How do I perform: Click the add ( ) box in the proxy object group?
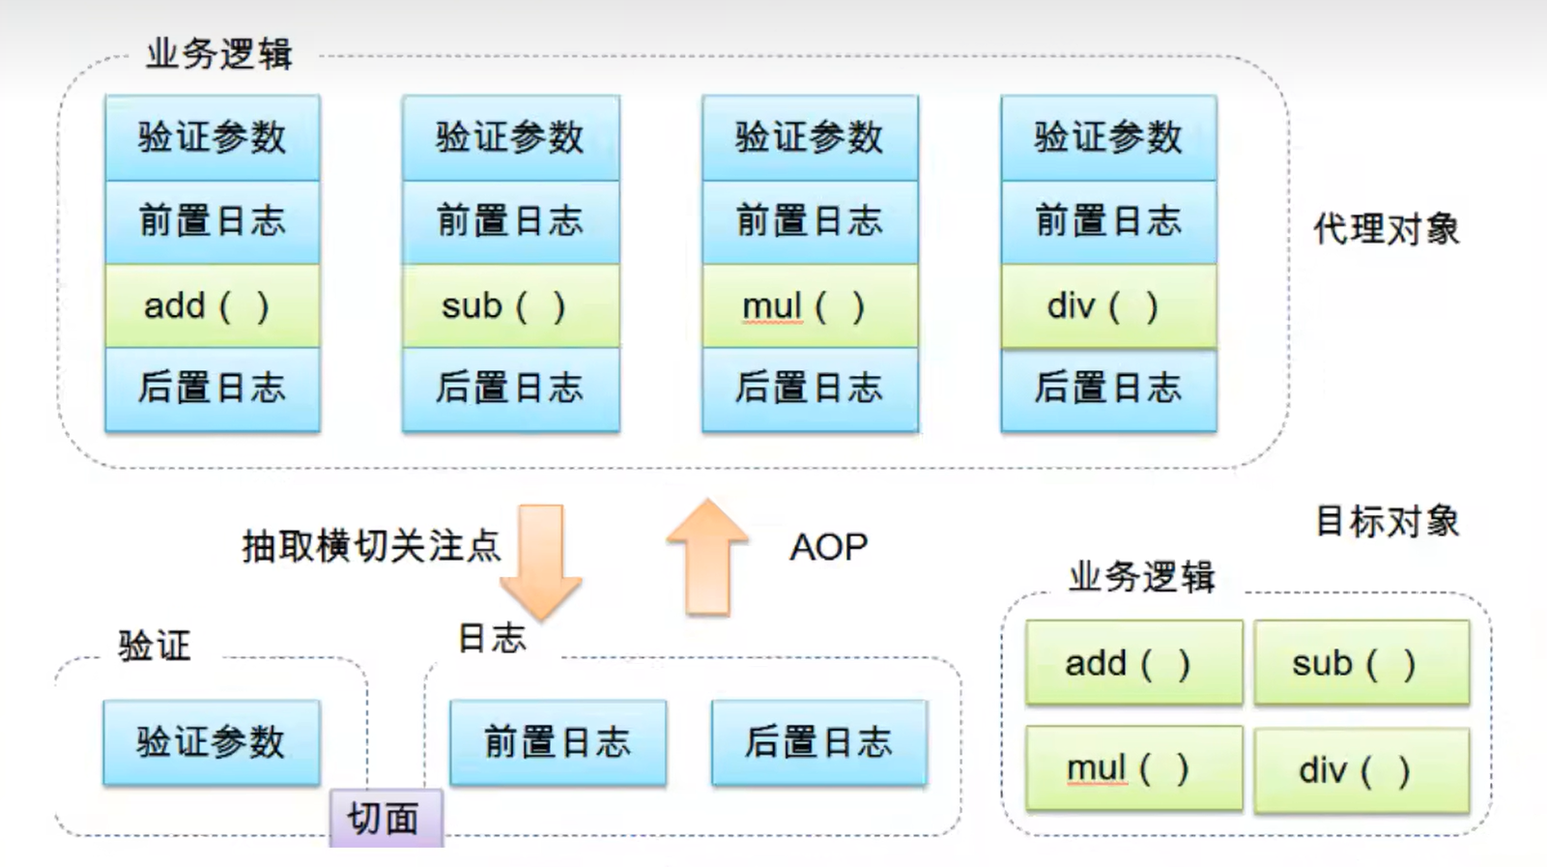pos(212,306)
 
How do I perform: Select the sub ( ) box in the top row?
pos(510,306)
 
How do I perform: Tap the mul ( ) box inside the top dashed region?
pos(810,306)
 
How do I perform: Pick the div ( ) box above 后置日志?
pos(1108,306)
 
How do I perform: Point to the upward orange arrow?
pos(707,558)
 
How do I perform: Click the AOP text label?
pos(828,547)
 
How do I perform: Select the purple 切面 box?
pos(386,819)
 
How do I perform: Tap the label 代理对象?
pos(1386,229)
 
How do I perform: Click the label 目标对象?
pos(1387,521)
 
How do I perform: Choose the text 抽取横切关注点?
pos(371,546)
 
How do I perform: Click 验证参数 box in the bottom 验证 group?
pos(211,742)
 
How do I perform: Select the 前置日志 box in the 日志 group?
pos(558,742)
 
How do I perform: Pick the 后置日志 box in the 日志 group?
pos(818,742)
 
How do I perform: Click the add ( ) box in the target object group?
pos(1133,663)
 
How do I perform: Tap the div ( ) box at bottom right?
pos(1361,770)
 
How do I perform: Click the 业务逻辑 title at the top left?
pos(219,54)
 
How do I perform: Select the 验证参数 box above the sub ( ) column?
pos(510,137)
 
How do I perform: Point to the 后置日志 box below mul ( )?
pos(810,389)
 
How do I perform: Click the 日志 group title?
pos(491,638)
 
